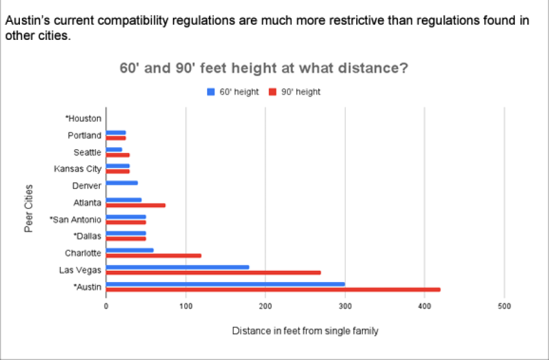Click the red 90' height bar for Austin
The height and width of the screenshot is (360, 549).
coord(273,289)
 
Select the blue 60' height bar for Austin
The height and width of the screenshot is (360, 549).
coord(225,284)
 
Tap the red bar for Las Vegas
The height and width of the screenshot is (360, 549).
coord(213,273)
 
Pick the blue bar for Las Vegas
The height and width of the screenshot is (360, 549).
coord(178,267)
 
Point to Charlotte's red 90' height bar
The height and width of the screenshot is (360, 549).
coord(153,256)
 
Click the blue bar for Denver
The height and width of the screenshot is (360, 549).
coord(122,183)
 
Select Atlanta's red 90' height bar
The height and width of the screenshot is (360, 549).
coord(136,205)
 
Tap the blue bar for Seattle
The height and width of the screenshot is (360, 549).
coord(114,149)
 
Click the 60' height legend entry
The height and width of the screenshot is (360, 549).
coord(233,92)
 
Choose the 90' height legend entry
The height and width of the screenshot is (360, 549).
coord(295,92)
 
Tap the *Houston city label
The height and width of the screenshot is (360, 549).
coord(83,119)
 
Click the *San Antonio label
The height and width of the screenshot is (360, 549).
coord(75,220)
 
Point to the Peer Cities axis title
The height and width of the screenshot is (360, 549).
coord(29,208)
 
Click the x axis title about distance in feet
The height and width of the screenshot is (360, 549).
coord(305,331)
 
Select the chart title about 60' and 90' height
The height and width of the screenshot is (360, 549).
coord(264,67)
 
